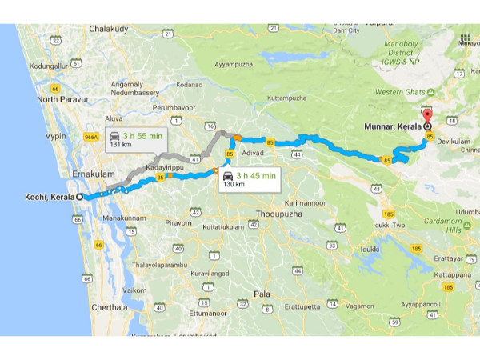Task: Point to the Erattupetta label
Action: click(x=301, y=306)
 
